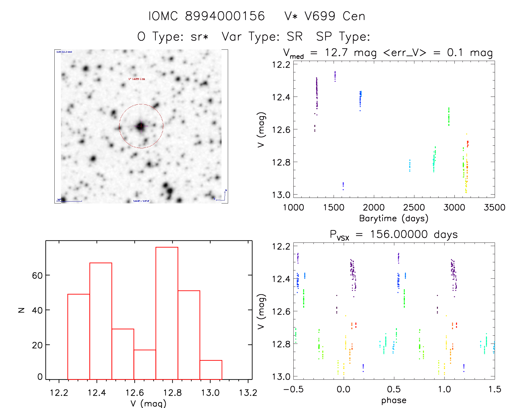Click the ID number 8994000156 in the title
point(225,16)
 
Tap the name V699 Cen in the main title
point(335,16)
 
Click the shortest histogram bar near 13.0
point(211,370)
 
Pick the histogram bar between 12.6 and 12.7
point(145,364)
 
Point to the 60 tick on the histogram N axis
point(37,276)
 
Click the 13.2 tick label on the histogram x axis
point(248,393)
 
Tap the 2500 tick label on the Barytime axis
point(414,207)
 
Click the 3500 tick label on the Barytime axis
point(494,207)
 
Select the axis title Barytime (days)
point(393,218)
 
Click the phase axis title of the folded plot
point(394,400)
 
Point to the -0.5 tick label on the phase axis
point(293,389)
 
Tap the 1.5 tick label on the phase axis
point(494,389)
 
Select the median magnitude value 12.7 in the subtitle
point(336,52)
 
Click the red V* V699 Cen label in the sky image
point(137,79)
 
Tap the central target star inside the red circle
point(141,126)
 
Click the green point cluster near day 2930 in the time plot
point(449,117)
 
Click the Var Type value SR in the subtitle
point(294,36)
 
